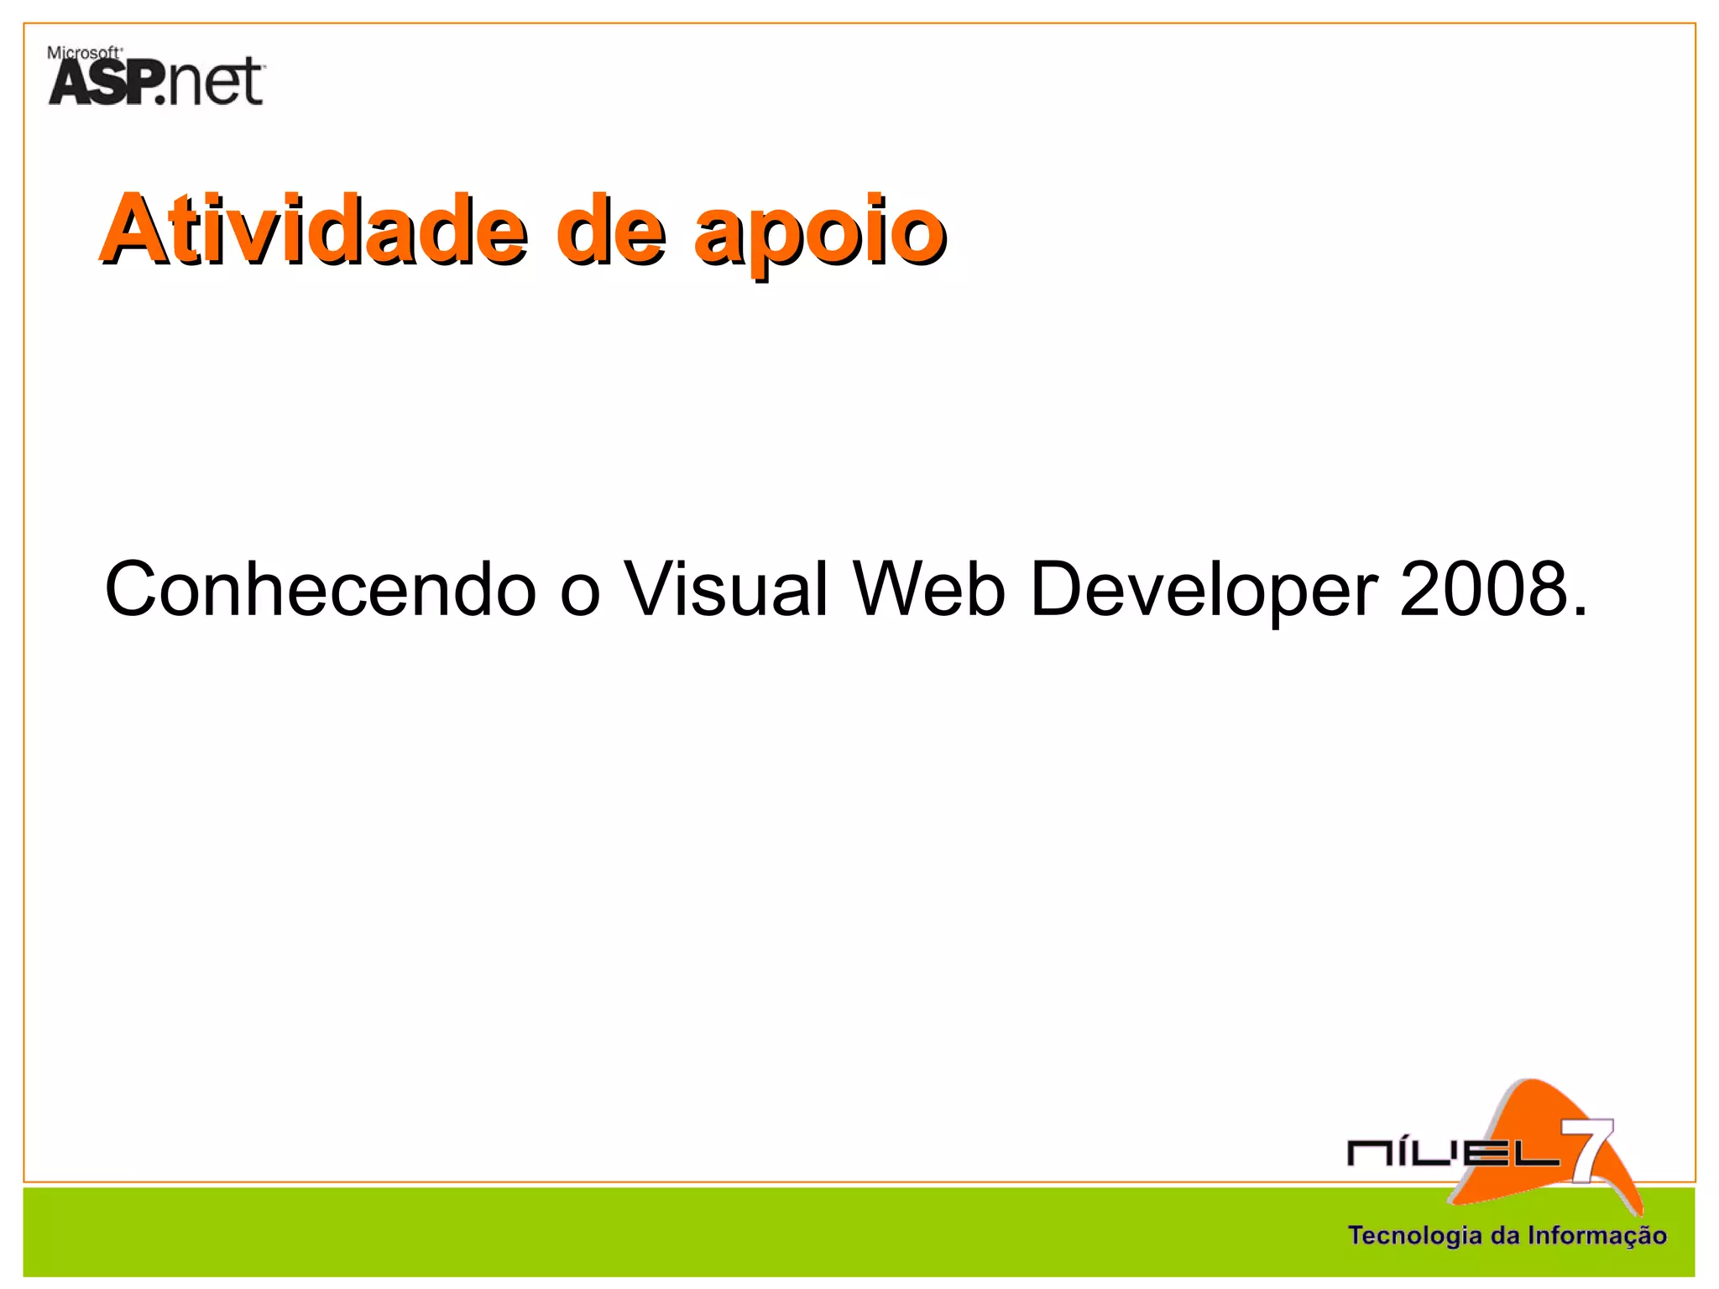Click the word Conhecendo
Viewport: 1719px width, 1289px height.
click(x=320, y=589)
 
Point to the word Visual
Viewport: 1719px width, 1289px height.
click(x=726, y=589)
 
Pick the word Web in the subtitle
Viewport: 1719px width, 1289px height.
click(x=928, y=589)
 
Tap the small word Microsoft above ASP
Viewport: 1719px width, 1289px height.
click(x=84, y=53)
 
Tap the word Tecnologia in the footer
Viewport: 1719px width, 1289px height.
click(x=1414, y=1235)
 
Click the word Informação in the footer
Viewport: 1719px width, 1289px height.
click(x=1596, y=1236)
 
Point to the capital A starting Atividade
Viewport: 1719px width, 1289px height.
click(x=134, y=228)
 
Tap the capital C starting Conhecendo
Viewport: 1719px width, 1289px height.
click(x=135, y=589)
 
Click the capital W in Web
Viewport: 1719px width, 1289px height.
click(x=890, y=589)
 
